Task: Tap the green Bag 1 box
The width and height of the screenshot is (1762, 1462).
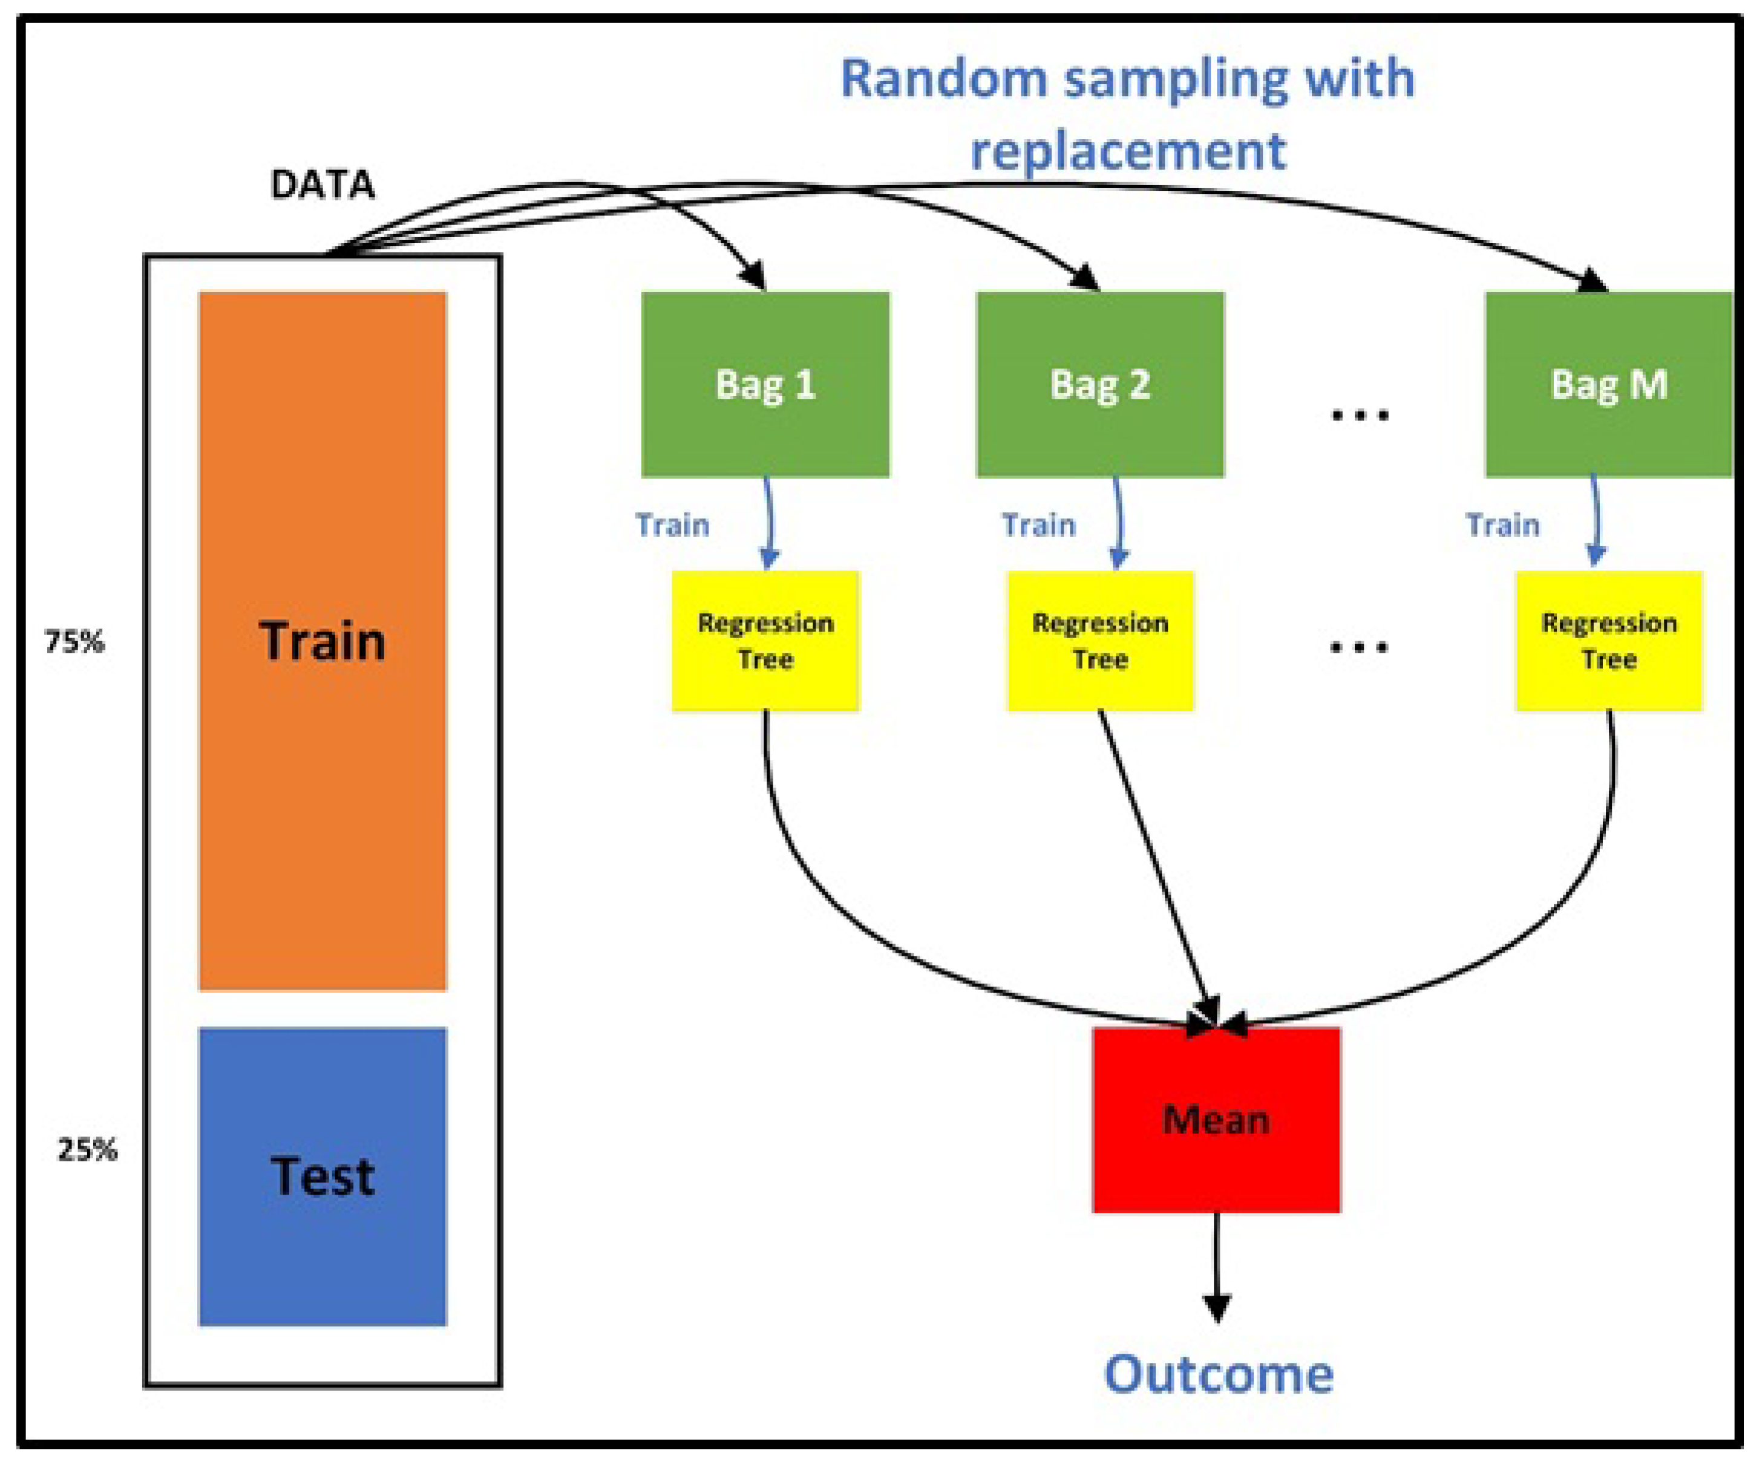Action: (765, 385)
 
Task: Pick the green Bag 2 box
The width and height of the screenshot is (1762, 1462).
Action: (1100, 385)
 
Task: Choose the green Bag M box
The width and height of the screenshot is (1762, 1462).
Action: (1608, 385)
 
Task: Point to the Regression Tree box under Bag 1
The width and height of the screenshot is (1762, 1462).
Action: (765, 641)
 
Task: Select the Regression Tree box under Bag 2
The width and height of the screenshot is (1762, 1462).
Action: (1100, 641)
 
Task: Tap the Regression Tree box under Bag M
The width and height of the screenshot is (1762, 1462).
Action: (1608, 641)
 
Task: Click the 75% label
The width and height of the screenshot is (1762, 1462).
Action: (74, 642)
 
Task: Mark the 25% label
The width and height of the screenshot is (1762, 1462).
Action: (87, 1149)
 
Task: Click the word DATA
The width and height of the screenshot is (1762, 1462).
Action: (322, 184)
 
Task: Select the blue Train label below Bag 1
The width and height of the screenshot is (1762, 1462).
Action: (672, 525)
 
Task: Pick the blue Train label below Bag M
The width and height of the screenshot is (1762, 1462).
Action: (1503, 525)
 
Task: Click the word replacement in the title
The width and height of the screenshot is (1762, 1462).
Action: (1128, 151)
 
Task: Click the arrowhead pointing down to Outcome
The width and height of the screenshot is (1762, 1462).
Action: (1217, 1308)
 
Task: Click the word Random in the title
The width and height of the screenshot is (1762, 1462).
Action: (945, 79)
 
